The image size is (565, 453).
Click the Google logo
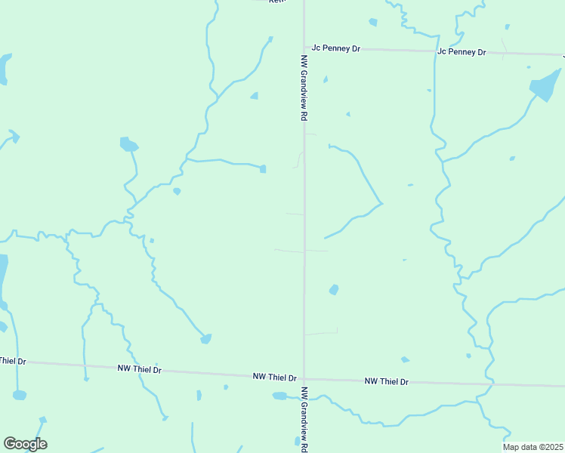click(x=25, y=444)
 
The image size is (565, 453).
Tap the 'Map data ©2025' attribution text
click(x=533, y=447)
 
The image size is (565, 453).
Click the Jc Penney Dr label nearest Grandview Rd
click(x=336, y=48)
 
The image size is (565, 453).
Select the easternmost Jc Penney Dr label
click(x=462, y=52)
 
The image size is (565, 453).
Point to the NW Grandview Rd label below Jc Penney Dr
click(x=304, y=88)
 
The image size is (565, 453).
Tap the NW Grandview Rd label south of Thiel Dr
click(x=304, y=420)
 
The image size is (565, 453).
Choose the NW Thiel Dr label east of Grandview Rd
click(x=386, y=381)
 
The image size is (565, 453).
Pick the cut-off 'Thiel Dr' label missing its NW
click(x=12, y=362)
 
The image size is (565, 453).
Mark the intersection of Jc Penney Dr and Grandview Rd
click(x=304, y=48)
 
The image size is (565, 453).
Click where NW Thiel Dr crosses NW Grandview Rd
click(x=304, y=378)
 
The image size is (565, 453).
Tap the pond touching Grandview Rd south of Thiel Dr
click(x=281, y=396)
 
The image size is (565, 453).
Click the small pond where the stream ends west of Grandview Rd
click(x=263, y=168)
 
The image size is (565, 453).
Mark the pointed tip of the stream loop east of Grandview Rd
click(x=381, y=203)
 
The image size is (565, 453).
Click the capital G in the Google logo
click(x=10, y=444)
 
